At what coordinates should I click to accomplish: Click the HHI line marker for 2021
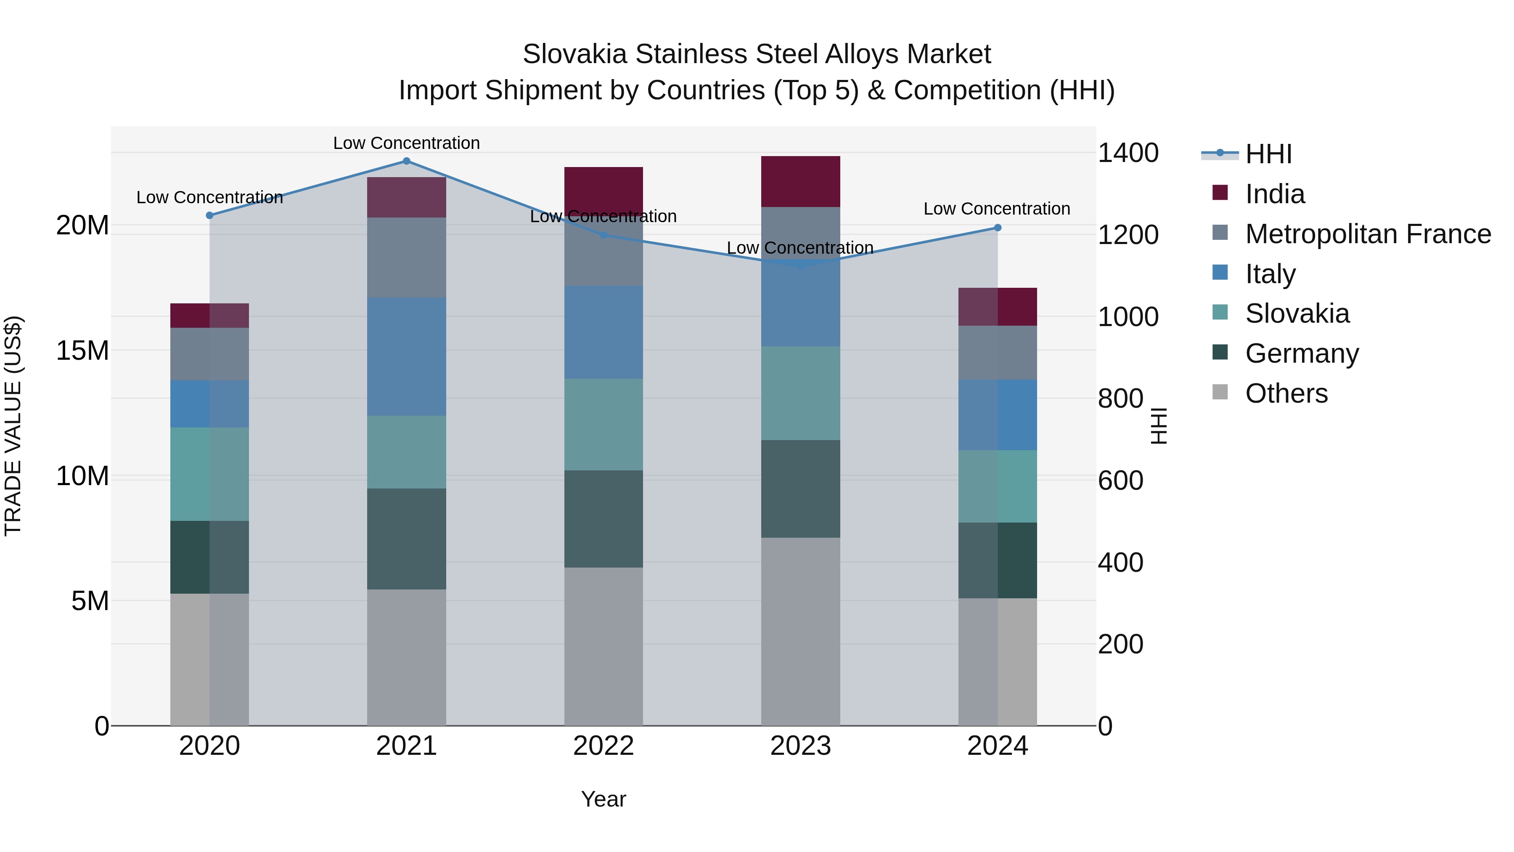point(406,161)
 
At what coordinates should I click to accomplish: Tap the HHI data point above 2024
point(998,228)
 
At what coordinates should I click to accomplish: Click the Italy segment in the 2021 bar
point(406,356)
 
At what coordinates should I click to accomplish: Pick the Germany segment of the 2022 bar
point(603,519)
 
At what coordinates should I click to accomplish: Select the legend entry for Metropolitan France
point(1368,234)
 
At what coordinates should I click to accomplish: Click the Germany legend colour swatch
point(1220,352)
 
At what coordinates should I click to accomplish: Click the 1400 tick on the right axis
point(1128,153)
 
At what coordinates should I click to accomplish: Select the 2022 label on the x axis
point(603,746)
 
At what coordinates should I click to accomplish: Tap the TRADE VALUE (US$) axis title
point(13,426)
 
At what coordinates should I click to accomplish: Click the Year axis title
point(603,799)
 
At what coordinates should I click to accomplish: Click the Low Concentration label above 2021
point(406,143)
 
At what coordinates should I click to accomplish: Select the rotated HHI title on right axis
point(1159,426)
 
